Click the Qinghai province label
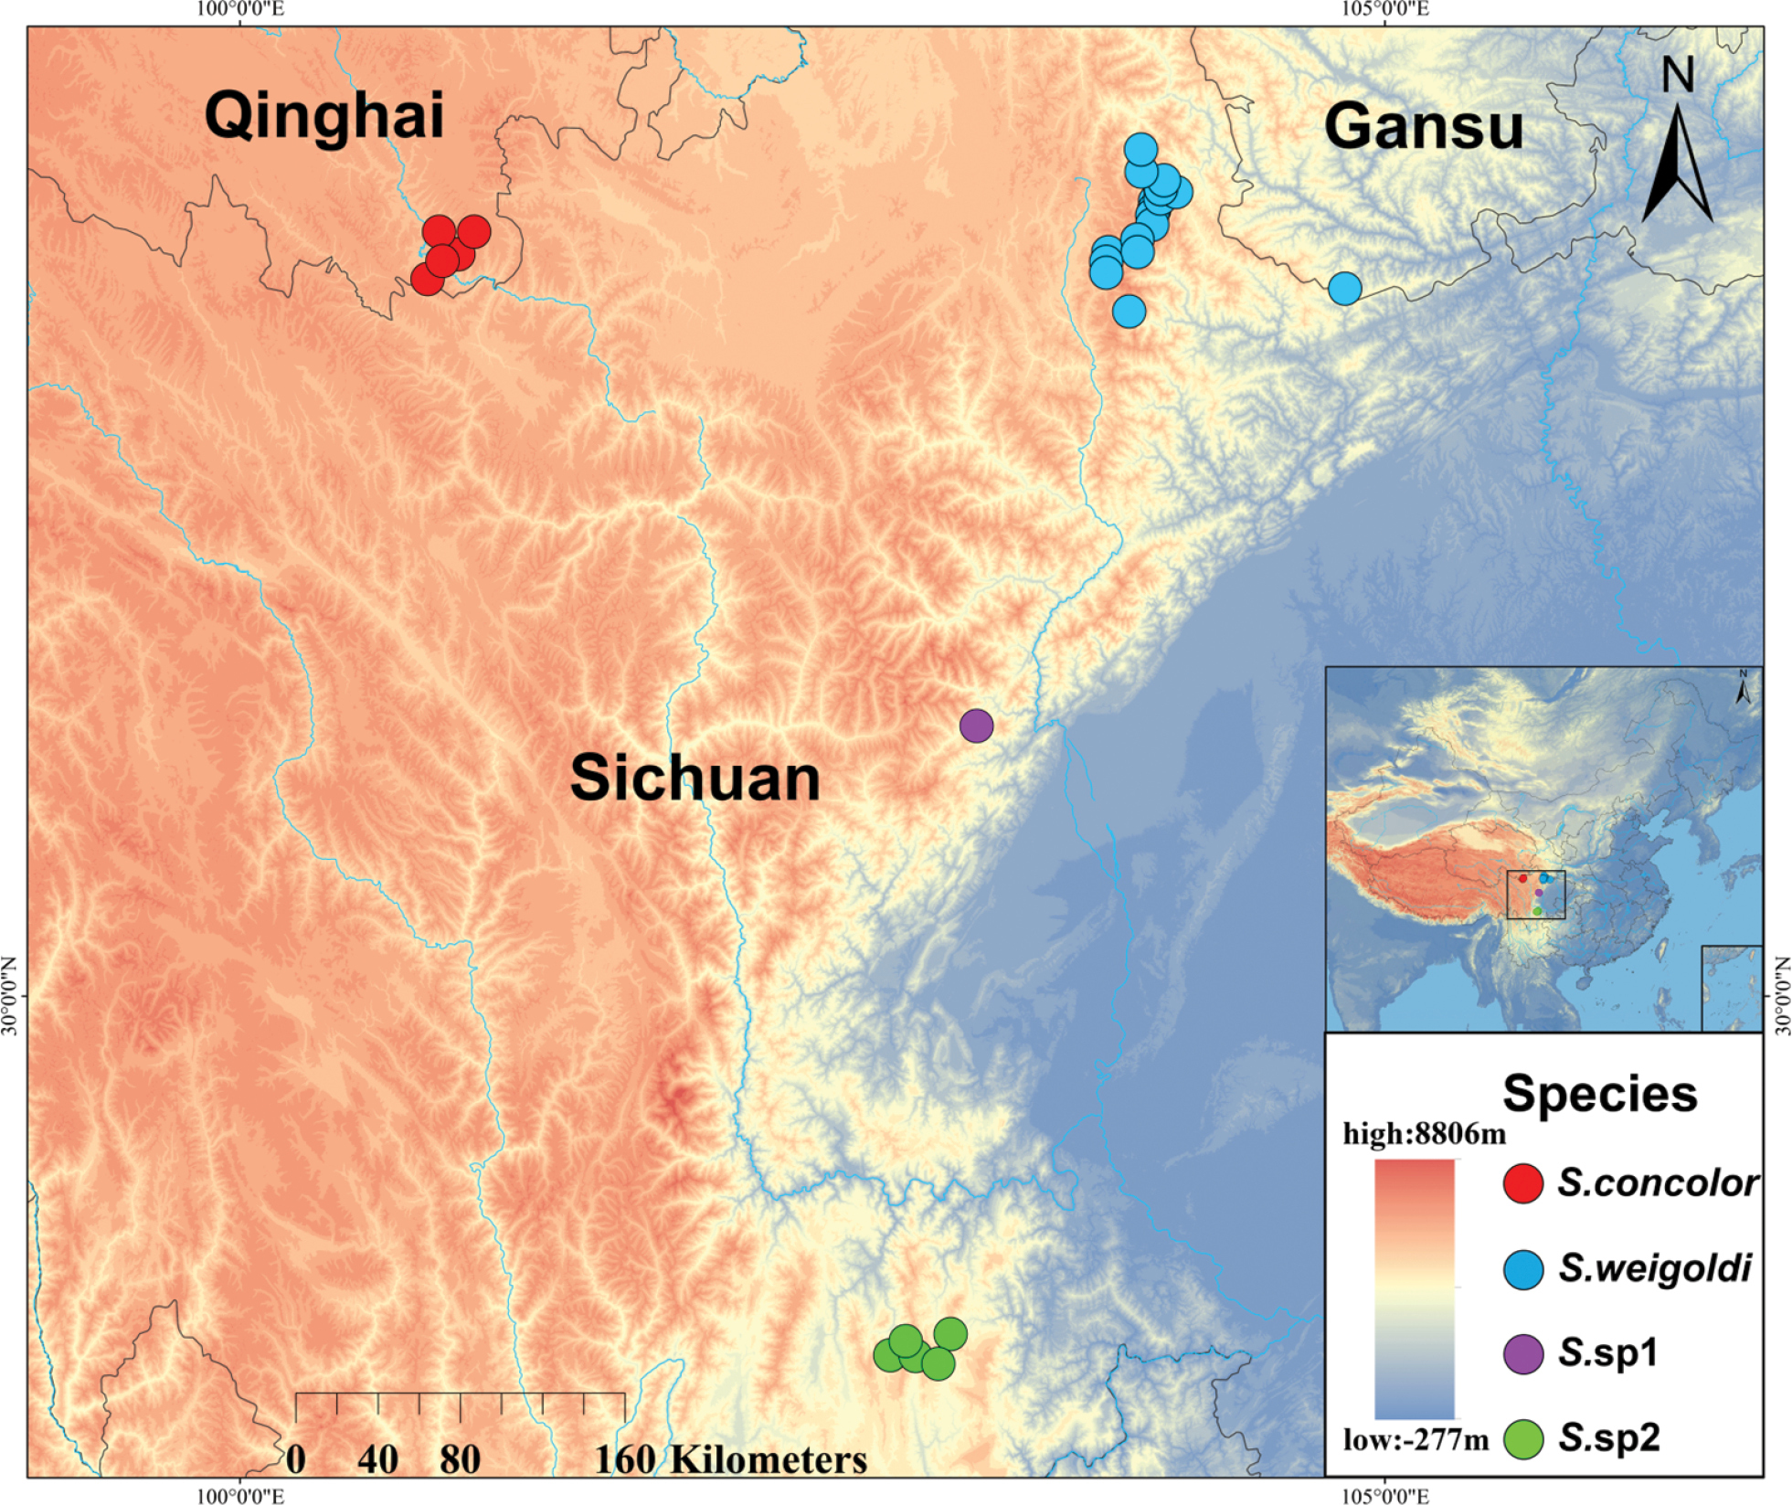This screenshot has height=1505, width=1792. click(x=324, y=116)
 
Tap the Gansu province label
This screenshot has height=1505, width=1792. click(x=1423, y=126)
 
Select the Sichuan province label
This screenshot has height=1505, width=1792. click(x=695, y=779)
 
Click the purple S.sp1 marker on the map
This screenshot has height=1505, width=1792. click(x=976, y=726)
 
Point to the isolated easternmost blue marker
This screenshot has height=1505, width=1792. click(x=1344, y=288)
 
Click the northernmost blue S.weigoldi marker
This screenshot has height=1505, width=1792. click(x=1140, y=149)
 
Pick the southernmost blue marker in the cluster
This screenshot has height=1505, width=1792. click(x=1129, y=312)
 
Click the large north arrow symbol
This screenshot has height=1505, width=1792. click(x=1677, y=164)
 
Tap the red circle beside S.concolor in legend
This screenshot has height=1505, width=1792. click(x=1522, y=1184)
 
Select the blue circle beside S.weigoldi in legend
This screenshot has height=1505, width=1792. click(x=1522, y=1269)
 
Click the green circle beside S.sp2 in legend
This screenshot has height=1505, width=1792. click(x=1522, y=1439)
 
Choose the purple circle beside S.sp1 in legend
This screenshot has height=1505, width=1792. click(x=1522, y=1354)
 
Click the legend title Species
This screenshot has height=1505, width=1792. click(x=1599, y=1094)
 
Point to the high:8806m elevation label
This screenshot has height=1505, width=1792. click(x=1424, y=1134)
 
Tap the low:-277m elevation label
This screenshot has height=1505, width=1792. click(x=1416, y=1441)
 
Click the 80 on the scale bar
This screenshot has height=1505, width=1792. click(x=460, y=1459)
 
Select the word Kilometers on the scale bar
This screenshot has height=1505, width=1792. click(x=769, y=1459)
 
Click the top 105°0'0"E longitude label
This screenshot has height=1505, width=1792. click(x=1384, y=10)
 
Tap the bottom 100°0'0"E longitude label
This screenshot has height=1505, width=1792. click(x=240, y=1496)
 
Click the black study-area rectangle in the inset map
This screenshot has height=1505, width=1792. click(x=1535, y=895)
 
